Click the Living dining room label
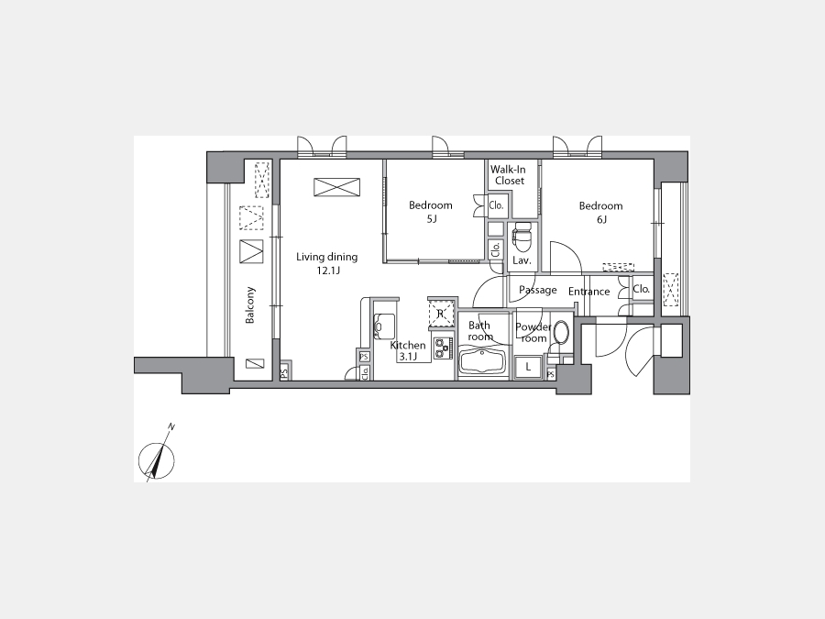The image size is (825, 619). tap(326, 263)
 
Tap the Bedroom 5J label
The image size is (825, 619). tap(431, 212)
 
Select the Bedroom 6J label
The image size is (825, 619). tap(600, 212)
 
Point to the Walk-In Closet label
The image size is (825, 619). tap(508, 175)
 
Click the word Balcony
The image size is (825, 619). tap(250, 304)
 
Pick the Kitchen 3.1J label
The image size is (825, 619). tap(408, 350)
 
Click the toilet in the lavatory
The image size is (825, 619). tap(522, 238)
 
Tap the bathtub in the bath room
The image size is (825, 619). tap(482, 361)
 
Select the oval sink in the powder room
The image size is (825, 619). tap(561, 332)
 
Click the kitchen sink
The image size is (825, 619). tap(384, 326)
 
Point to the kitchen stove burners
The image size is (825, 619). tap(443, 348)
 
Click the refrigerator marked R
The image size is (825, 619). tap(441, 314)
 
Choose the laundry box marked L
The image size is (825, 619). tap(529, 367)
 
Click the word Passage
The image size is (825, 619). tap(538, 290)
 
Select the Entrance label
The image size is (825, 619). tap(588, 292)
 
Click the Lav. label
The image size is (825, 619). tap(522, 260)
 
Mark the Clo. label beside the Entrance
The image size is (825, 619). tap(641, 289)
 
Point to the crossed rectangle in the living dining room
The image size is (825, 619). tap(337, 187)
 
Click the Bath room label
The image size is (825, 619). tap(480, 331)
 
